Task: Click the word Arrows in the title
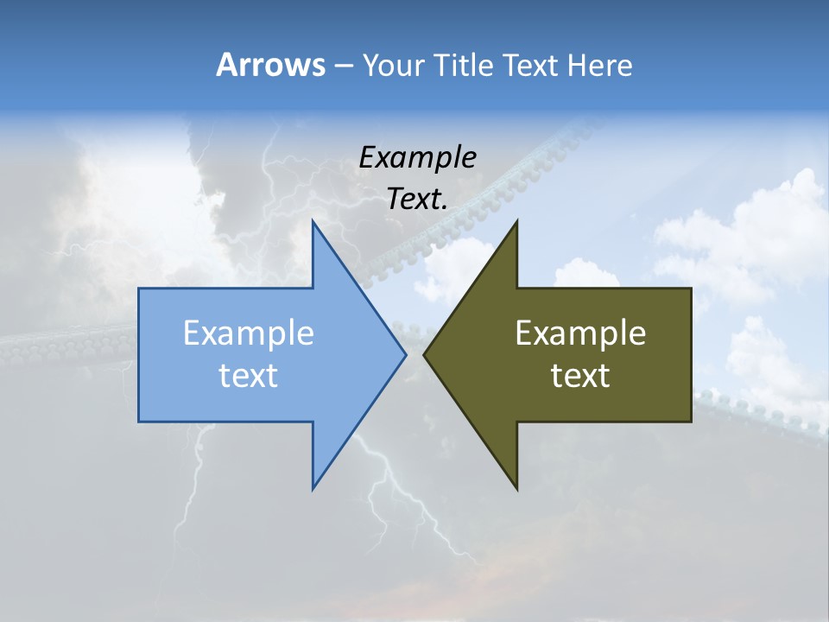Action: pyautogui.click(x=270, y=65)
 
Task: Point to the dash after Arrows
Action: pyautogui.click(x=343, y=66)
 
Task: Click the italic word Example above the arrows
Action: pyautogui.click(x=417, y=157)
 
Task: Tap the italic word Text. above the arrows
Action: pyautogui.click(x=417, y=200)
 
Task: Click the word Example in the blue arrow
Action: pyautogui.click(x=249, y=333)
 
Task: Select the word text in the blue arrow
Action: pyautogui.click(x=249, y=376)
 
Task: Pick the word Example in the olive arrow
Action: pyautogui.click(x=580, y=333)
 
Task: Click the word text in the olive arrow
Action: pyautogui.click(x=580, y=376)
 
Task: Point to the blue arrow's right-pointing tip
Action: pyautogui.click(x=405, y=354)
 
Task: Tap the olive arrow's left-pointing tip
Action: pyautogui.click(x=424, y=354)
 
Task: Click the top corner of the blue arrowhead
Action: pyautogui.click(x=313, y=221)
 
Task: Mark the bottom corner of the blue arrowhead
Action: pyautogui.click(x=313, y=489)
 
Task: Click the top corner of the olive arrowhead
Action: pyautogui.click(x=516, y=221)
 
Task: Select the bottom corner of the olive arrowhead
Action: pyautogui.click(x=516, y=489)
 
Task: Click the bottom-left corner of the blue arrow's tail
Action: pyautogui.click(x=139, y=422)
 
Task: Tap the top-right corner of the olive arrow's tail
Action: pyautogui.click(x=691, y=289)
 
